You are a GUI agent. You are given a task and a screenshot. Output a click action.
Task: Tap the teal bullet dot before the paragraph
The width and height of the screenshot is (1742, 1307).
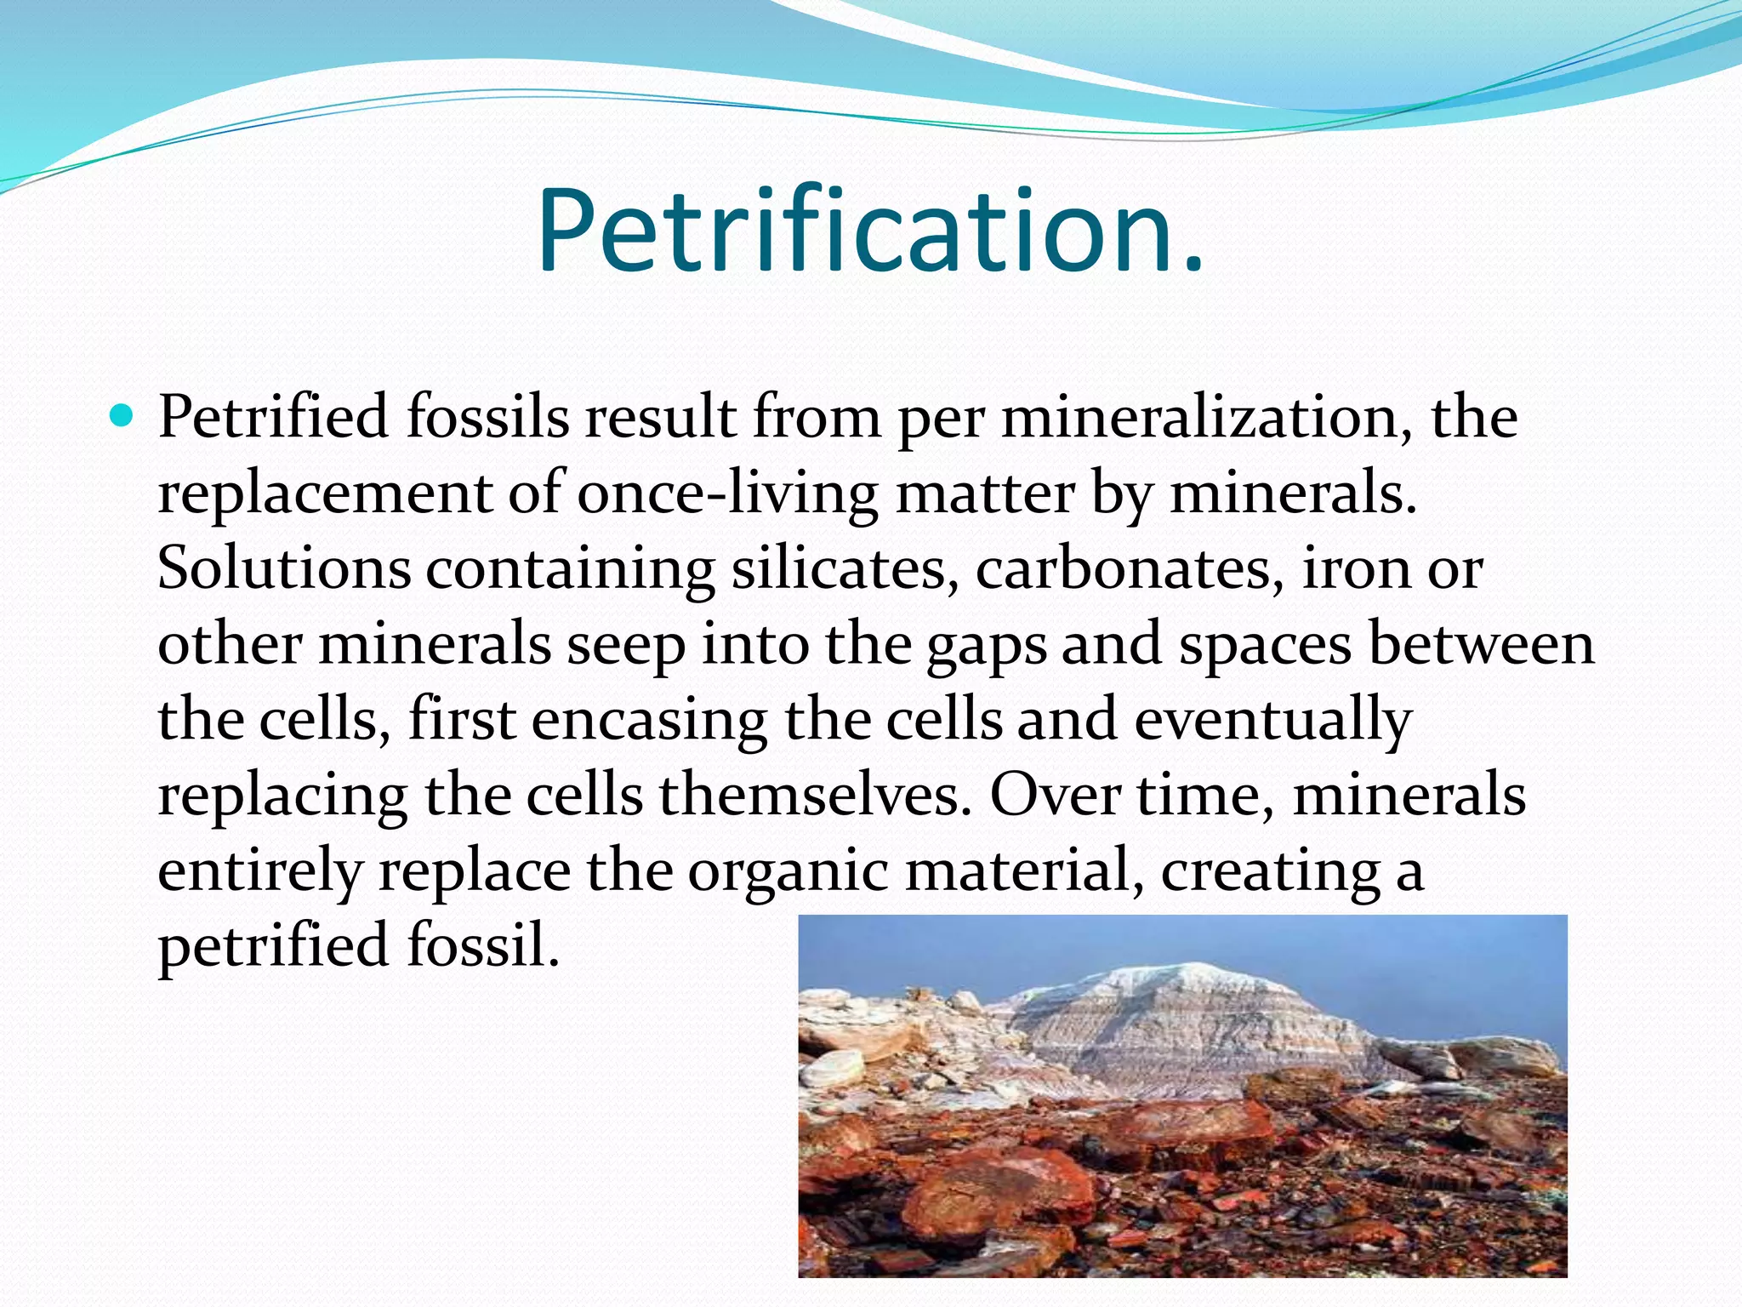(x=123, y=417)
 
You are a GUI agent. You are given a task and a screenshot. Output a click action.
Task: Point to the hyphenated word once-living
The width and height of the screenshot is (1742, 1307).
(x=727, y=494)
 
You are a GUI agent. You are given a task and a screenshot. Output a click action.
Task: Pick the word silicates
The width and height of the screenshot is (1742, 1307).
(x=840, y=568)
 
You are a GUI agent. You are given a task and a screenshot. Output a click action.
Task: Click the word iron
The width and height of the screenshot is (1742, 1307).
(x=1357, y=568)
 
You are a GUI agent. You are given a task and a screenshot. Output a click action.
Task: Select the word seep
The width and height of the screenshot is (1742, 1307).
(x=627, y=644)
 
